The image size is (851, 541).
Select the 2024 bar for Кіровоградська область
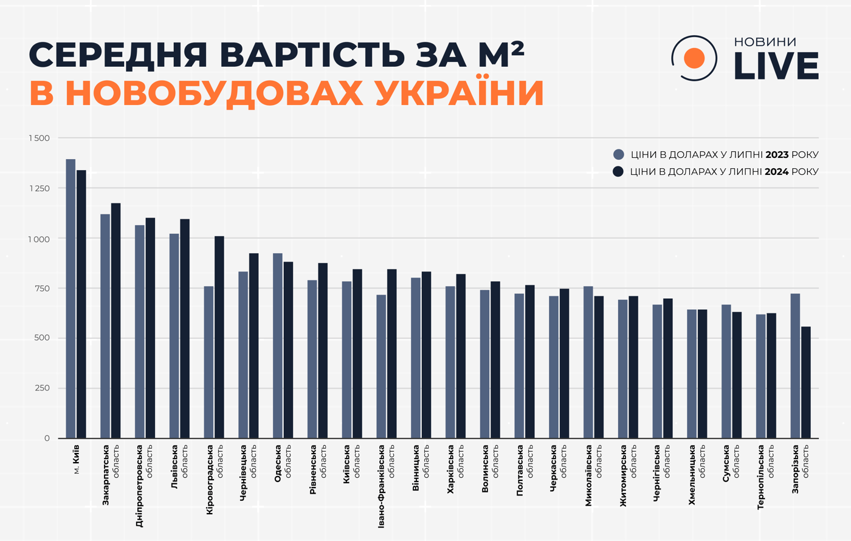click(x=219, y=337)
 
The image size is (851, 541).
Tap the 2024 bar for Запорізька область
click(x=806, y=383)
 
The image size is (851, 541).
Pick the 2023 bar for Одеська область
click(x=278, y=345)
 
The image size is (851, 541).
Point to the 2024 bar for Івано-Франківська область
click(x=391, y=353)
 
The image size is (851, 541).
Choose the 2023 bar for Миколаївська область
click(x=588, y=362)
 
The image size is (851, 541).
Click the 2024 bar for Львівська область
click(x=185, y=328)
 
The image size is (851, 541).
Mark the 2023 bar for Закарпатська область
click(x=105, y=326)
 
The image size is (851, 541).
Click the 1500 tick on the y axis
click(x=39, y=138)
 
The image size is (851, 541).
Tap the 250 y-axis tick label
click(x=42, y=389)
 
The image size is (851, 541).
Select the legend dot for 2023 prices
click(x=619, y=155)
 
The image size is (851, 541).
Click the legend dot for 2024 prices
click(x=619, y=172)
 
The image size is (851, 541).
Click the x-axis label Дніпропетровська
click(x=139, y=486)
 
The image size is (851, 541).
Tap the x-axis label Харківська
click(x=450, y=469)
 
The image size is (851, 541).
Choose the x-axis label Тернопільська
click(x=760, y=477)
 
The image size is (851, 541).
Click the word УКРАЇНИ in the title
click(x=459, y=93)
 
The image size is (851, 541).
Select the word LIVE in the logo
click(x=776, y=66)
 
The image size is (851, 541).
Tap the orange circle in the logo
click(x=694, y=58)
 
